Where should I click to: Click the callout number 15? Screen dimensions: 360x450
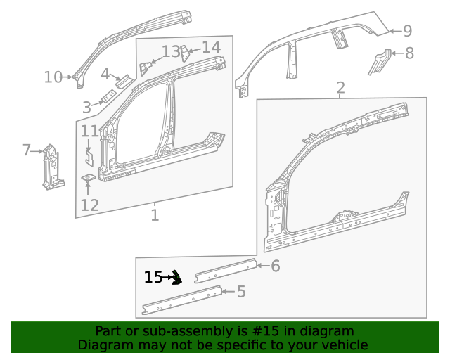tap(153, 278)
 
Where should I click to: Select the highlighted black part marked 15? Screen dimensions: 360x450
tap(176, 278)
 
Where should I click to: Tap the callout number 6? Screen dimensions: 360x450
tap(276, 266)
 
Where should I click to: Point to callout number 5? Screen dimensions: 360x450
tap(241, 291)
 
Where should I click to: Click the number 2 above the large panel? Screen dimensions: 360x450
tap(340, 88)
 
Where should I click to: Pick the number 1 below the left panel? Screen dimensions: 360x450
tap(155, 215)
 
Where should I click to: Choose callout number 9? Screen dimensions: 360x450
tap(407, 31)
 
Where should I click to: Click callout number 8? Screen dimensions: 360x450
tap(409, 53)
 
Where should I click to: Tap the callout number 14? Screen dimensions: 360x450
tap(212, 47)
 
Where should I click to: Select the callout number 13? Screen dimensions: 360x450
tap(172, 51)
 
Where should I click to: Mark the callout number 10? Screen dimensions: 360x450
tap(53, 77)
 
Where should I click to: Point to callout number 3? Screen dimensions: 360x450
tap(86, 108)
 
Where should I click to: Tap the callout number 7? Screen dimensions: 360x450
tap(27, 150)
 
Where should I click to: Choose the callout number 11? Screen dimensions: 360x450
tap(89, 131)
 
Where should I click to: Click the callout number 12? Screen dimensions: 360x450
tap(89, 205)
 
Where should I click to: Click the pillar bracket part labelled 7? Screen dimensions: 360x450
tap(51, 166)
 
